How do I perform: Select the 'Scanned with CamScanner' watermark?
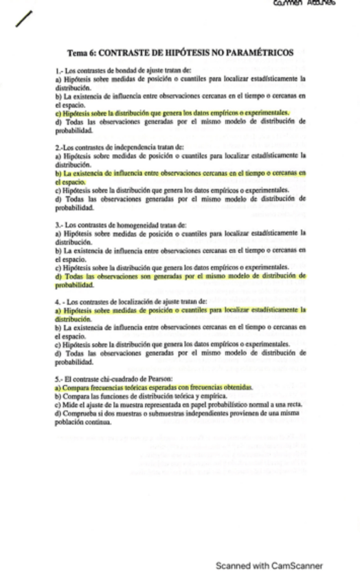click(269, 566)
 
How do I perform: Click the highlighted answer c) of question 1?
click(172, 113)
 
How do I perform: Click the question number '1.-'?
click(60, 71)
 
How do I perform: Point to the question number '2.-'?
click(60, 147)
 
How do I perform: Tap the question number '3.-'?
click(60, 224)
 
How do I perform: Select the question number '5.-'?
click(60, 379)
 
